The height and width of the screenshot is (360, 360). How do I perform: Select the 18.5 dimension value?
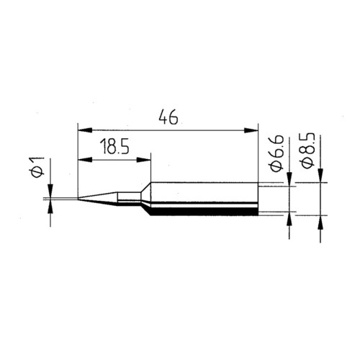[x=114, y=147]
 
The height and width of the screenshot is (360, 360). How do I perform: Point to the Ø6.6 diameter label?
[x=277, y=153]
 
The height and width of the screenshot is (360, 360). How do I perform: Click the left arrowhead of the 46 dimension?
[x=85, y=130]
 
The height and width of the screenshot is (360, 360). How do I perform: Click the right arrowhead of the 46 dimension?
[x=251, y=130]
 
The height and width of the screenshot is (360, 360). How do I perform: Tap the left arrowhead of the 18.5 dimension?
[x=85, y=160]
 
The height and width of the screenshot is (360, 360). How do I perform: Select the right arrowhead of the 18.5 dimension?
[x=144, y=160]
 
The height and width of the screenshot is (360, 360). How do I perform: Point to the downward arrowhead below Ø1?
[x=50, y=191]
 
